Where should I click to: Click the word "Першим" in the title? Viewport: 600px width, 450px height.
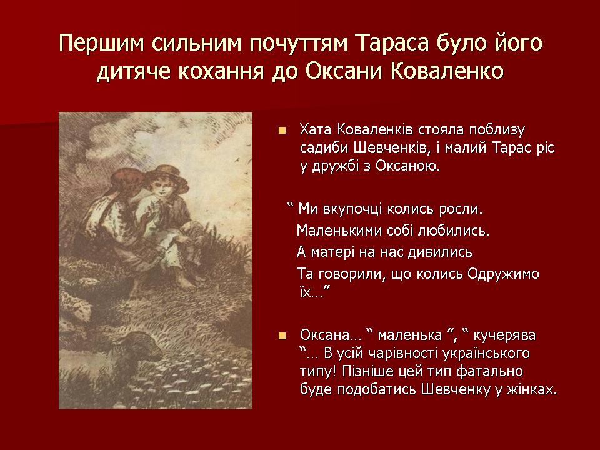102,43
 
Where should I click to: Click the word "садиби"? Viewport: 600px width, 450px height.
324,148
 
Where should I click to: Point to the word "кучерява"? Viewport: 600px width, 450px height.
504,336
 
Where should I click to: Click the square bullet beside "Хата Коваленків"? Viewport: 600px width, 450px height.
282,131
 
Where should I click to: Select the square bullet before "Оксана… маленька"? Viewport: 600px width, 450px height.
282,336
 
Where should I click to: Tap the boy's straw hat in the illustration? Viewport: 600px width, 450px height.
167,176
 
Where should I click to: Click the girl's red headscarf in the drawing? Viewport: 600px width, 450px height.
122,181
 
